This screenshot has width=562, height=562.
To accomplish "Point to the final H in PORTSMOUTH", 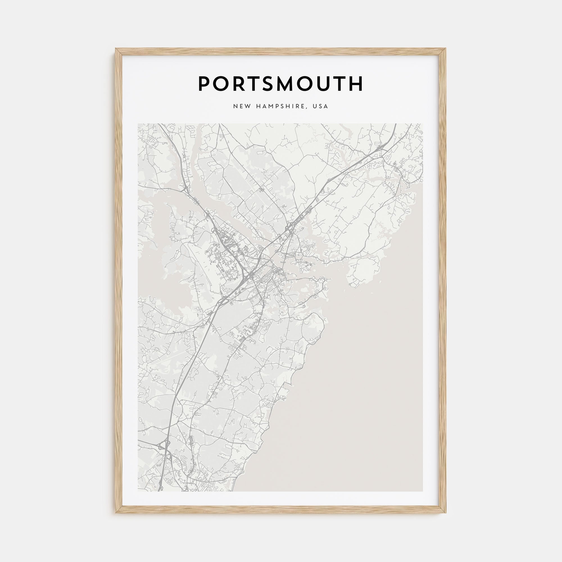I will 355,84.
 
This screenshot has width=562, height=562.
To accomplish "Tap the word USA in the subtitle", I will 320,106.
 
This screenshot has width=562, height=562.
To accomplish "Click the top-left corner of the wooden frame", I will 116,49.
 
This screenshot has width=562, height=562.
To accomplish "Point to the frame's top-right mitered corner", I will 445,49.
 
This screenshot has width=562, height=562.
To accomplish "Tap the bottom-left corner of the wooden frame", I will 116,513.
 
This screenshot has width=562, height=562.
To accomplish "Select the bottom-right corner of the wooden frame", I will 445,513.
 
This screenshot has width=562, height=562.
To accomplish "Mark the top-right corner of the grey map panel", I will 423,124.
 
